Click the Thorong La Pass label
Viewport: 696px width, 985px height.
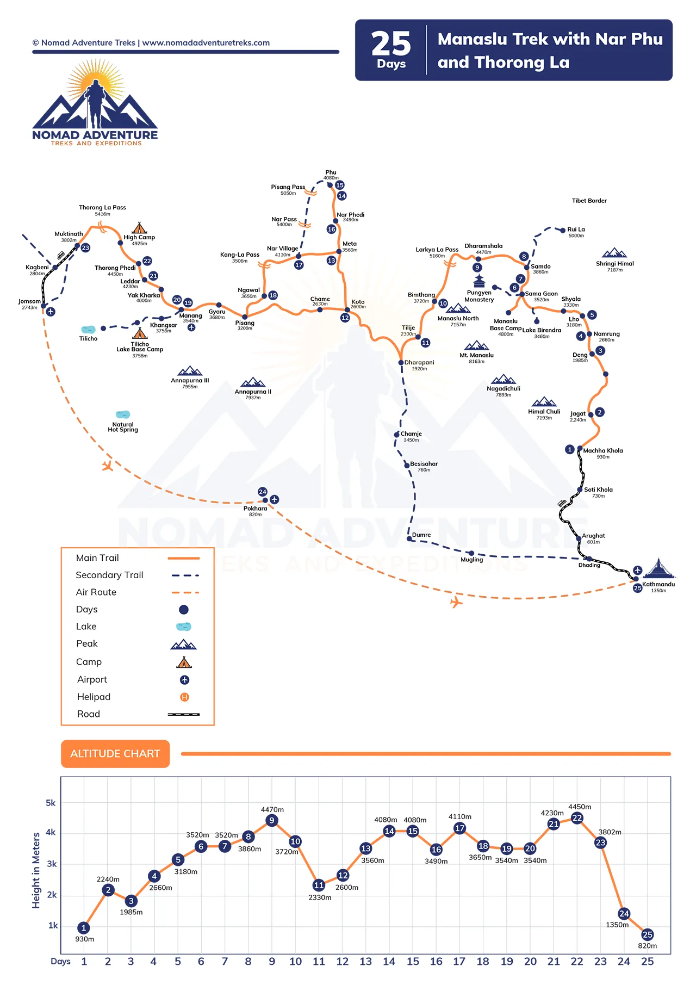coord(102,207)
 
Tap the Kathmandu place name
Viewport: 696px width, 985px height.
coord(658,584)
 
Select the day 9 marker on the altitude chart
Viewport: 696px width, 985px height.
coord(272,820)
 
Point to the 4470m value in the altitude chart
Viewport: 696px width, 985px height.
coord(272,809)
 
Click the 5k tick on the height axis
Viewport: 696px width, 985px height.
coord(51,803)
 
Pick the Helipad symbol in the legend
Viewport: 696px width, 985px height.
coord(184,697)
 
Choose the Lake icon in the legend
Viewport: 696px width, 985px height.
coord(184,627)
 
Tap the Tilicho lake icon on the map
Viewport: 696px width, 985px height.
coord(88,330)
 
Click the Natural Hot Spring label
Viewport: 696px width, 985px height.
coord(123,427)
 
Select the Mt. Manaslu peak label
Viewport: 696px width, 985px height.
coord(476,355)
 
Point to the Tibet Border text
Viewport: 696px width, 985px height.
coord(589,201)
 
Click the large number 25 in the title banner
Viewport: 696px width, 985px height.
coord(391,44)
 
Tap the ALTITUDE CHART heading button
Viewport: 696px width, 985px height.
coord(115,754)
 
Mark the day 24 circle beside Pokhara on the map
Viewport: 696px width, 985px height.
coord(263,492)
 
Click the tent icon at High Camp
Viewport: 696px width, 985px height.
coord(139,227)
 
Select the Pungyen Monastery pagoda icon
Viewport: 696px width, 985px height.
coord(478,281)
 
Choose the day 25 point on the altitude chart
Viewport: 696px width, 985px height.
coord(647,934)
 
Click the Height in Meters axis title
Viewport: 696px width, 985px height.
coord(36,870)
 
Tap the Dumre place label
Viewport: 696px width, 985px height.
coord(421,535)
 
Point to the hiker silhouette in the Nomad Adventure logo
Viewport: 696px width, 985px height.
coord(95,103)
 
